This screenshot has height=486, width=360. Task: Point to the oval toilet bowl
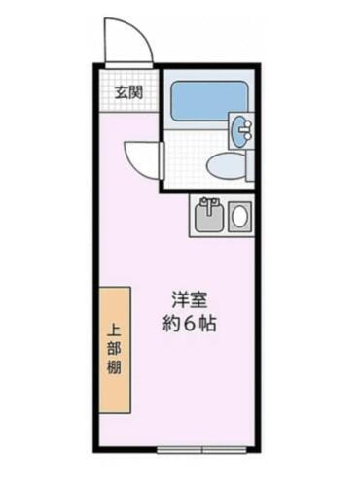coord(227,167)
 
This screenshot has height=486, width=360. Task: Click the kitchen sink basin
coord(207,217)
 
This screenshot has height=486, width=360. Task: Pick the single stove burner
coord(237,216)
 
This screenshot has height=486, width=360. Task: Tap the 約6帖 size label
coord(189,325)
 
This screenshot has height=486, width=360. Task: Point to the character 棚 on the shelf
coord(113,368)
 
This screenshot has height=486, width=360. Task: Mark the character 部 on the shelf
coord(113,349)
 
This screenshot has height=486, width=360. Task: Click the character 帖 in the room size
coord(207,325)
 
